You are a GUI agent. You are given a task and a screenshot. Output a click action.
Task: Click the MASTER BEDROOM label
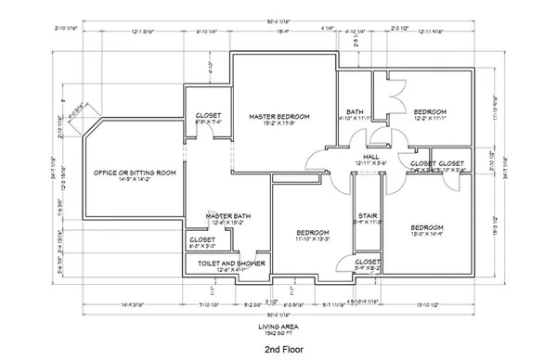pos(278,116)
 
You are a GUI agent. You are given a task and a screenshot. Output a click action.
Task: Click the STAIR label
pos(364,214)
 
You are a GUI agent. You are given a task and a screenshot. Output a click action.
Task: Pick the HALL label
pos(369,157)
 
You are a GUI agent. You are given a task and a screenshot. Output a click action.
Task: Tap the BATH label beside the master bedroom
pos(354,110)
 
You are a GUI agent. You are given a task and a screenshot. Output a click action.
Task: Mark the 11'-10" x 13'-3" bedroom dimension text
pos(308,239)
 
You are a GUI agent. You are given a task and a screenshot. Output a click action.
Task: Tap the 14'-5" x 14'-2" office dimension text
pos(134,181)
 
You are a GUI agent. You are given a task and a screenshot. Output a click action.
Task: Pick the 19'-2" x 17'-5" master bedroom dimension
pos(278,123)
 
